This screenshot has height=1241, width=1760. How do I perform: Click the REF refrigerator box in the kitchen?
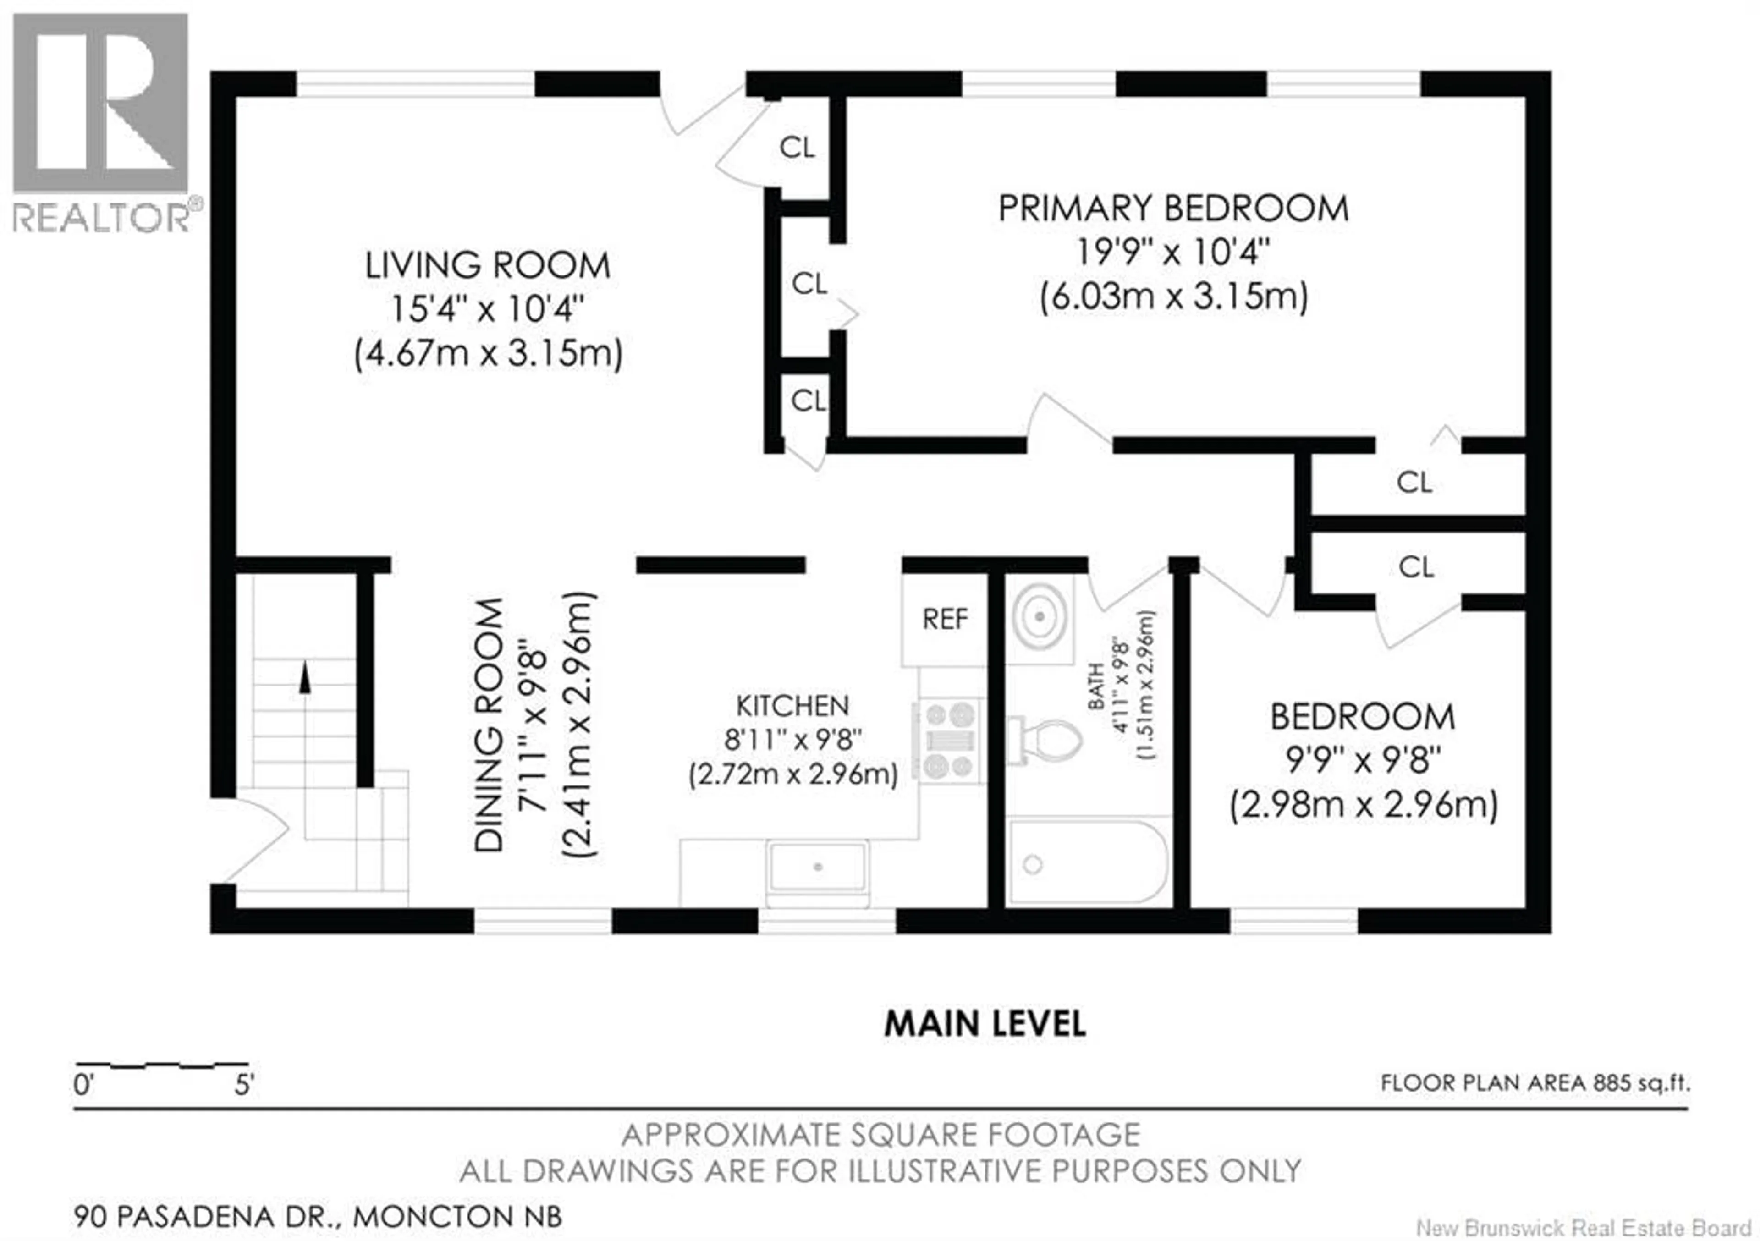tap(944, 619)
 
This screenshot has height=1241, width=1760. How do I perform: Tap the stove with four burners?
tap(950, 741)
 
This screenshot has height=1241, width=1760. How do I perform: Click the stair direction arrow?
tap(305, 678)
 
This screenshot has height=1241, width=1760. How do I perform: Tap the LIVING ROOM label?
tap(488, 266)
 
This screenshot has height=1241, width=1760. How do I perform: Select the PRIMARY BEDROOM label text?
tap(1173, 209)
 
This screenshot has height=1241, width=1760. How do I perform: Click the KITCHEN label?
tap(792, 705)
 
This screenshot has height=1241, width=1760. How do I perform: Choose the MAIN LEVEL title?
tap(985, 1024)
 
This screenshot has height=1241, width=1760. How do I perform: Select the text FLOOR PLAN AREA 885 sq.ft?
tap(1534, 1083)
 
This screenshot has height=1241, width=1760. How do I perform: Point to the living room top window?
tap(415, 83)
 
